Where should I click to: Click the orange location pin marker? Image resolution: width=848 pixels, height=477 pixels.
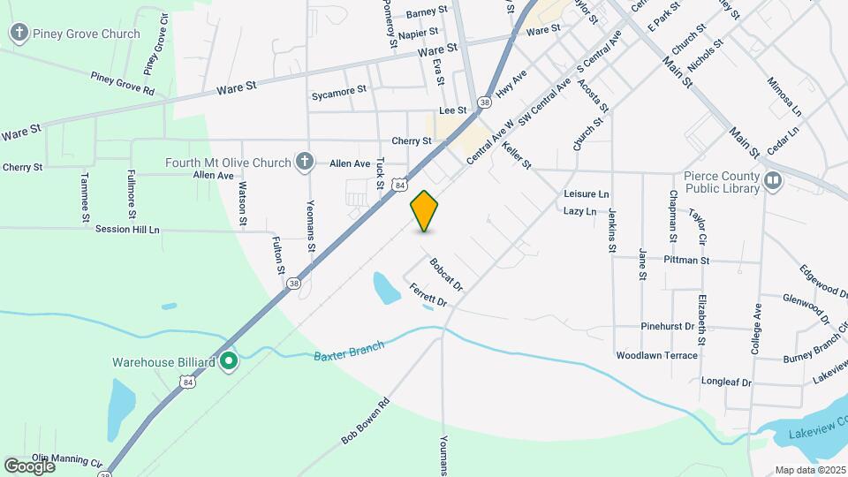coord(425,211)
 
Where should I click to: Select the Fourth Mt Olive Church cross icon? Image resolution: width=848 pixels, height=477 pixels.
coord(304,162)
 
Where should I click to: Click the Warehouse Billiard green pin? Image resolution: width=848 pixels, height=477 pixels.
coord(228,360)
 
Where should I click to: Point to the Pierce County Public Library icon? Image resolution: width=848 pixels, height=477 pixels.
coord(773,181)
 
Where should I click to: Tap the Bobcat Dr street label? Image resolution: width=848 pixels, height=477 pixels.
coord(447,274)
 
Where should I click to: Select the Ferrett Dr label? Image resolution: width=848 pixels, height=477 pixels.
coord(428,296)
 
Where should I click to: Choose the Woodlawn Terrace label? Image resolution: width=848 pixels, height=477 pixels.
coord(657,355)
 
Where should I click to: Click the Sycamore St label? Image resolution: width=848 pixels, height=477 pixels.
coord(338,91)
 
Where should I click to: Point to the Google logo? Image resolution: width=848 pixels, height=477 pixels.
coord(29,466)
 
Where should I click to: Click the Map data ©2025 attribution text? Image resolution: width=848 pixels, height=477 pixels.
coord(810,470)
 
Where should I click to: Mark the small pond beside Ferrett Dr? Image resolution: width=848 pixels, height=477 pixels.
coord(386,287)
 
